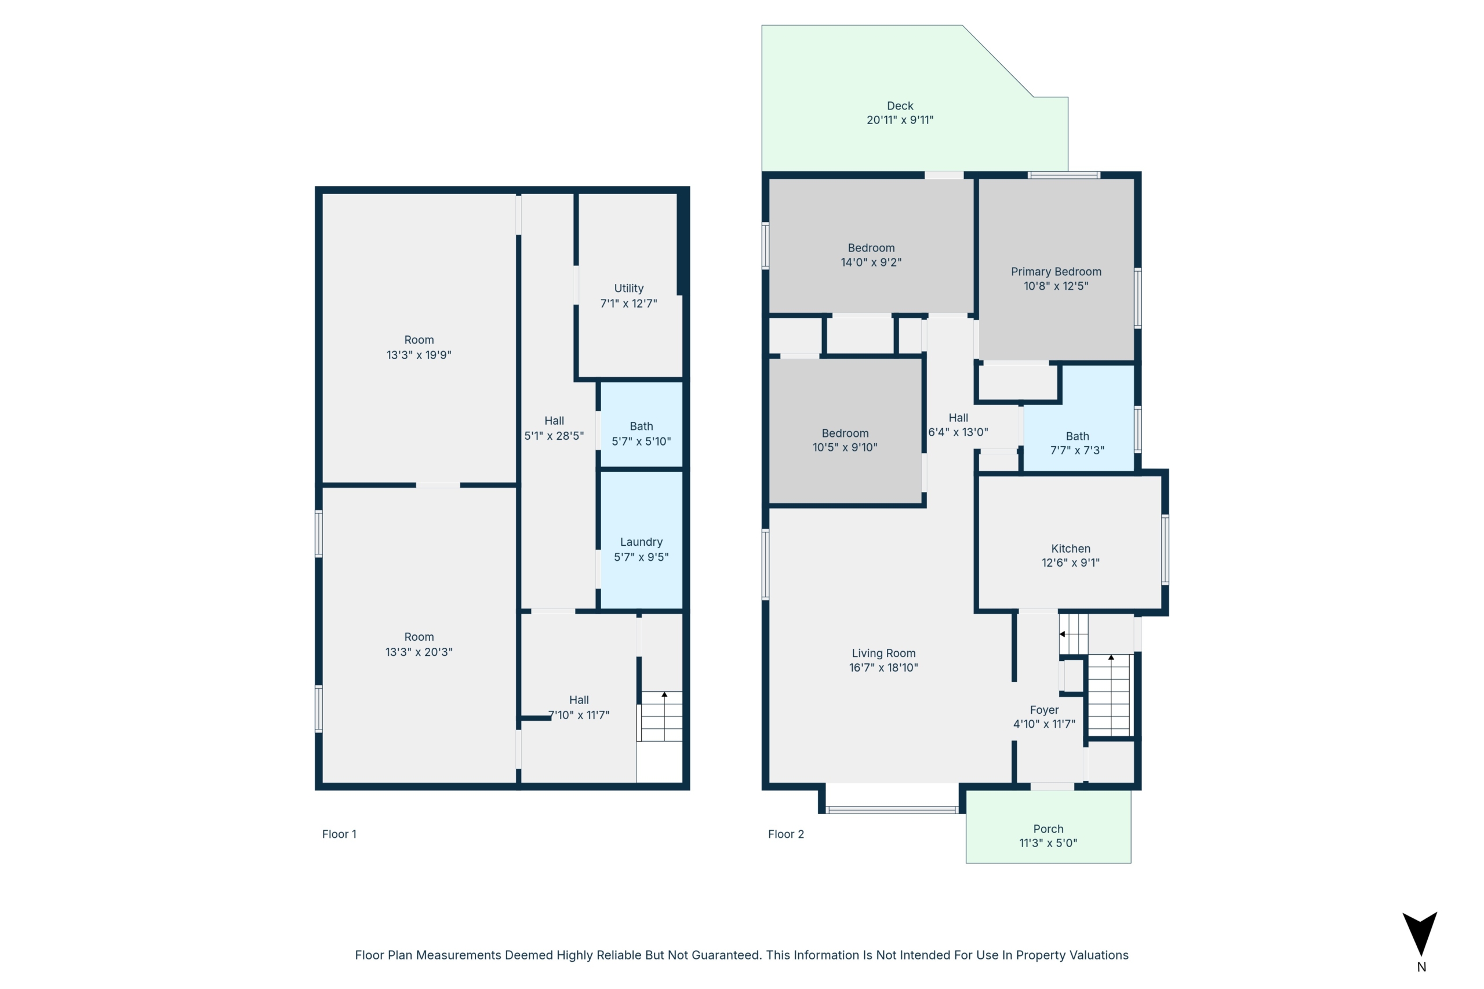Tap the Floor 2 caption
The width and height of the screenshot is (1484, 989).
point(785,834)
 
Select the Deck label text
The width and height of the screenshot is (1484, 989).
point(900,106)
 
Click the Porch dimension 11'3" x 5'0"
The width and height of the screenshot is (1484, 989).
point(1048,842)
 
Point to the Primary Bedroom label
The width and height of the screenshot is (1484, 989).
point(1056,272)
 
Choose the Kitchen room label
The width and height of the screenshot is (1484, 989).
point(1070,549)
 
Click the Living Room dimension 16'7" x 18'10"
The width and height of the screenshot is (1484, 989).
point(883,667)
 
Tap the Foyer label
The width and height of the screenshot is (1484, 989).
point(1044,710)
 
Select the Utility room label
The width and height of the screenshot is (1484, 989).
point(628,289)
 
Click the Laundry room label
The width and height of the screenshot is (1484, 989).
point(641,542)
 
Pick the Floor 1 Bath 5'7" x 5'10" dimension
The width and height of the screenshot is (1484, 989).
point(641,441)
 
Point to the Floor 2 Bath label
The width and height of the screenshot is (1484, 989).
point(1077,436)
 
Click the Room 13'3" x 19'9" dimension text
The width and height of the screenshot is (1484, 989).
point(419,355)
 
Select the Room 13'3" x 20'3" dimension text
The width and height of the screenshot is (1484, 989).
point(419,652)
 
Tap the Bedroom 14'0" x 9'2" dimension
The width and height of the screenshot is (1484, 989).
point(871,262)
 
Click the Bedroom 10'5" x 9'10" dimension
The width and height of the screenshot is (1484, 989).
point(845,447)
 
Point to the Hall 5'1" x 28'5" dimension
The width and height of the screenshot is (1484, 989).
point(554,436)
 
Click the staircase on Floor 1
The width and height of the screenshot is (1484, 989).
point(661,716)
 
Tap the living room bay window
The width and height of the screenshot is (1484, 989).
point(892,810)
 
